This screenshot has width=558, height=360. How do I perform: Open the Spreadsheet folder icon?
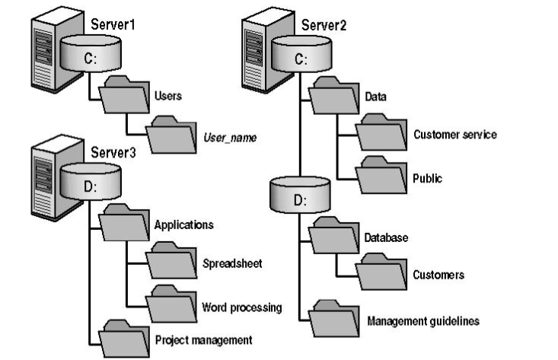click(x=171, y=263)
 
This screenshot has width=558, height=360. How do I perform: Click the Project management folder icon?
click(x=124, y=338)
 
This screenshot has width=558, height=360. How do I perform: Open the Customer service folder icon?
click(x=382, y=134)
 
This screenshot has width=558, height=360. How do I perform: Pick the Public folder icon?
click(x=382, y=177)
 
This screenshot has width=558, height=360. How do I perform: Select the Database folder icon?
click(x=334, y=237)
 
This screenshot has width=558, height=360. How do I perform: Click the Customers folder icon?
click(x=382, y=272)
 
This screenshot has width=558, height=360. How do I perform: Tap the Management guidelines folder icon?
click(x=334, y=320)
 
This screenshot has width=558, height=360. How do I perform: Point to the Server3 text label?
click(x=112, y=152)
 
